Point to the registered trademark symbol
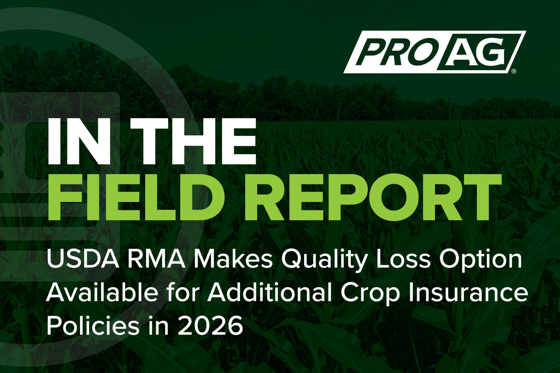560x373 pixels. [x=514, y=71]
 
